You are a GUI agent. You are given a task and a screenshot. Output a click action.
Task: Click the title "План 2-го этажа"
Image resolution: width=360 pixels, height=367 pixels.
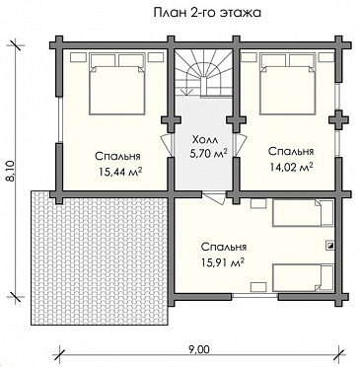(207, 13)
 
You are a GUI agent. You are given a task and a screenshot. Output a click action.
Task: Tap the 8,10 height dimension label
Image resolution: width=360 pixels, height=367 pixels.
(10, 170)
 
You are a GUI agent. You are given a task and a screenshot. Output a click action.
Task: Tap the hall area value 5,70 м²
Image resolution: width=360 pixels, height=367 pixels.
(207, 153)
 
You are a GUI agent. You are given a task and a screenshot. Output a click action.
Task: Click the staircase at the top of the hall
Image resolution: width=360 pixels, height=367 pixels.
(203, 73)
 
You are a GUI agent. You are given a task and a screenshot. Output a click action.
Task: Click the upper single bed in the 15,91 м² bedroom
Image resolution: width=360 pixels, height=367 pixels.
(303, 213)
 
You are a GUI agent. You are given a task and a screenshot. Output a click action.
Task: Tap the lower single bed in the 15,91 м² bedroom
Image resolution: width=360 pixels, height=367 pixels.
(303, 278)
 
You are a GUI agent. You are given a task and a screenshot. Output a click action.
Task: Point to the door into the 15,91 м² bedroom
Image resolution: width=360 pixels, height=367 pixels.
(214, 198)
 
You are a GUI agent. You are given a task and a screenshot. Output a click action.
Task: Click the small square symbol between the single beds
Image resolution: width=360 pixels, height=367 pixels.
(329, 245)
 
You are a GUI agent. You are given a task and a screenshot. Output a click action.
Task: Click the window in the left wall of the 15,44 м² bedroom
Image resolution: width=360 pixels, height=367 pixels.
(59, 119)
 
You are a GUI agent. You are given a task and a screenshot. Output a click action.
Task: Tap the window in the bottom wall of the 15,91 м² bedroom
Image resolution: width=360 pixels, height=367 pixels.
(254, 296)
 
